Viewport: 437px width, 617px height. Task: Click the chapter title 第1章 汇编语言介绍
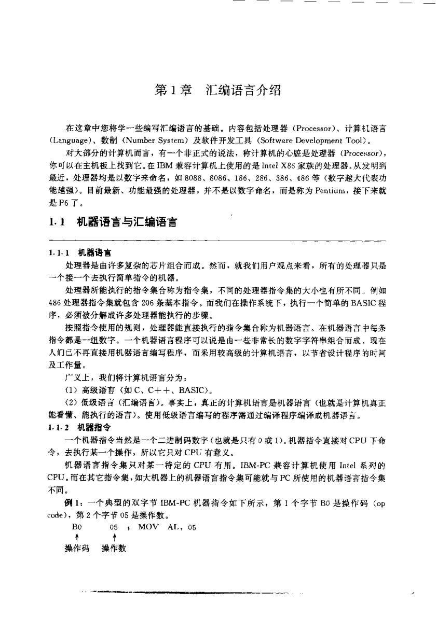(x=218, y=91)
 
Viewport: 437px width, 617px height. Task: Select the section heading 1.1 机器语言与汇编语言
(x=111, y=223)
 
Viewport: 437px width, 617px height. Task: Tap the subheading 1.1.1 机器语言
(x=78, y=253)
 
